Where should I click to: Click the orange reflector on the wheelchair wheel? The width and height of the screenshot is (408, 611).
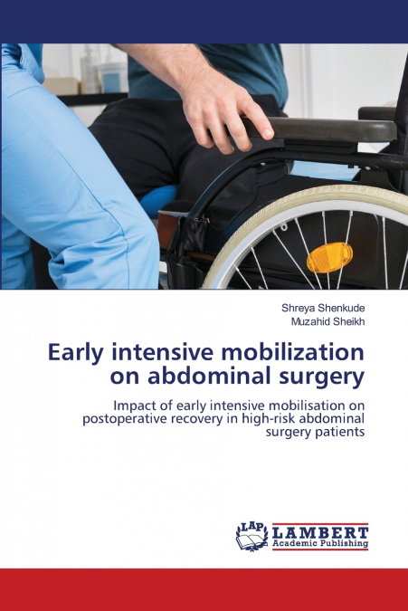coord(328,258)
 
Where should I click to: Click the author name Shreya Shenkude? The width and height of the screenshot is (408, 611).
coord(323,308)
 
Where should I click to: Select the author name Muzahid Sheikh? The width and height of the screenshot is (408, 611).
coord(327,320)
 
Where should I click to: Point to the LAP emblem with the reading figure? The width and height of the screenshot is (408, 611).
coord(251,536)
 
